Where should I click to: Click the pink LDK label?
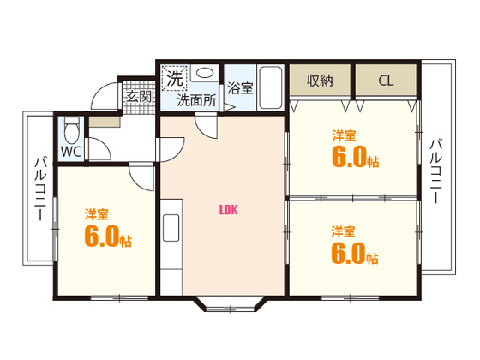tap(228, 210)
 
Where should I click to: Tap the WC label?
tap(71, 151)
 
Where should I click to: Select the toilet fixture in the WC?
tap(72, 129)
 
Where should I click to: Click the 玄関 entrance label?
tap(139, 97)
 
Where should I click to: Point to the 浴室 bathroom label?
tap(240, 87)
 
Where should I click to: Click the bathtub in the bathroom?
tap(270, 87)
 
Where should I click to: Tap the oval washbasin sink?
tap(204, 73)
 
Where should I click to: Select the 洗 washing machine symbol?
tap(174, 78)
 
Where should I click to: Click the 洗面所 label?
tap(197, 100)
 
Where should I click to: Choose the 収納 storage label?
tap(320, 81)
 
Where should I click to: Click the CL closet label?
tap(386, 81)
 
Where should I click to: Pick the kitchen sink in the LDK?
tap(171, 228)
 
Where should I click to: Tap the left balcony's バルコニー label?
tap(40, 189)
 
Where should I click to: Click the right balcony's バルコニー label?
tap(436, 171)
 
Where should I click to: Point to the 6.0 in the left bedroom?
tap(101, 236)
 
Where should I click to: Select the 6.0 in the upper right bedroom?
tap(349, 156)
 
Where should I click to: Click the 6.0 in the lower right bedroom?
tap(348, 253)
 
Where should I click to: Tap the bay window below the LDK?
tap(230, 304)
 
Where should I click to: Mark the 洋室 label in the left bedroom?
tap(97, 214)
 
